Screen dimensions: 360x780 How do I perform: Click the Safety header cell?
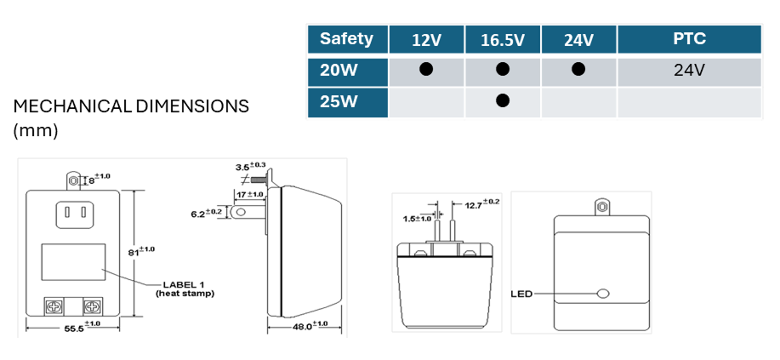(347, 39)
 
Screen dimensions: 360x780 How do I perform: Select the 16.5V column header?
(502, 40)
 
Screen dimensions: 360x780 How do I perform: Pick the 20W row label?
(339, 70)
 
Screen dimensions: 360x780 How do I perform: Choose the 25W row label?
(339, 101)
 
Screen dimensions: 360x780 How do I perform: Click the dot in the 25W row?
(502, 101)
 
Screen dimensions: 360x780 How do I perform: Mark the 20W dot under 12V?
(426, 70)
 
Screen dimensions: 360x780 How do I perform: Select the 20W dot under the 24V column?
(578, 70)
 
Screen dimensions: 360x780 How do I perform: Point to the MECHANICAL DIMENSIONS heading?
(131, 107)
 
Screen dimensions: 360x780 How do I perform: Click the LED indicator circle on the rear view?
(604, 294)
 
